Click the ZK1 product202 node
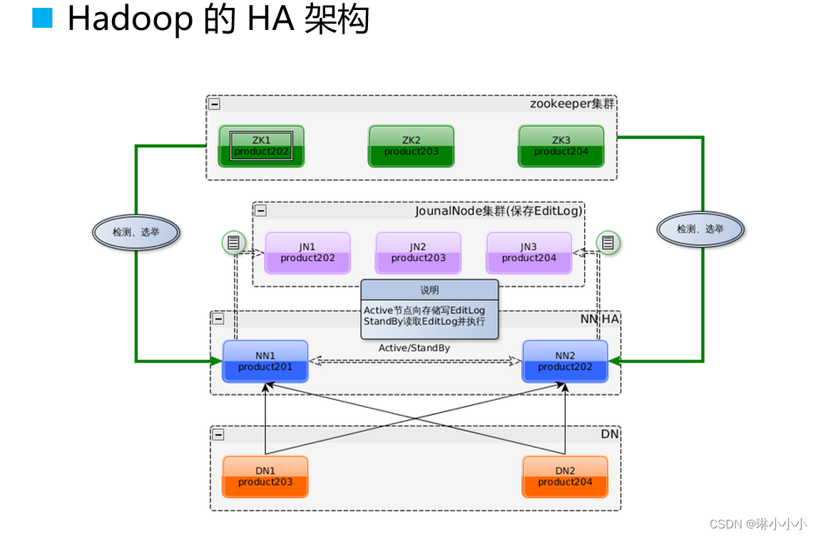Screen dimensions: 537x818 [262, 146]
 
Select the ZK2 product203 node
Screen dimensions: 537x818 [411, 146]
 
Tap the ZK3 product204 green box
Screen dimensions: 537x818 [561, 146]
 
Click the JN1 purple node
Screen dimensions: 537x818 [307, 252]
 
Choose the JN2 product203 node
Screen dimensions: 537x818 [418, 252]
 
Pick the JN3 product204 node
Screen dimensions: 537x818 [528, 252]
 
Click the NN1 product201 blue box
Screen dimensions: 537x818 [265, 361]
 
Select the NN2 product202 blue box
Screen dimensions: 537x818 [565, 361]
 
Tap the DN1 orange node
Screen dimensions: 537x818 [265, 476]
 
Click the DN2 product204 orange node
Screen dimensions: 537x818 [565, 476]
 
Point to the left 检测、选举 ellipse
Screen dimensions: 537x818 [136, 232]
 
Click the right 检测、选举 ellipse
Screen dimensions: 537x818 [700, 229]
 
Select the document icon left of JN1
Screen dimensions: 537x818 [232, 243]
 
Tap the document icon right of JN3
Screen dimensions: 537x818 [608, 243]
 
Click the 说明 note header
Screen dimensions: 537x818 [429, 290]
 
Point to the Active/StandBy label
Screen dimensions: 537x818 [414, 348]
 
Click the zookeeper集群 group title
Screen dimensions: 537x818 [571, 104]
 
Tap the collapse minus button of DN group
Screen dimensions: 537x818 [218, 435]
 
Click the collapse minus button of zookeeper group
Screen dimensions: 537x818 [215, 104]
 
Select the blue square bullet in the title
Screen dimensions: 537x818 [43, 18]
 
